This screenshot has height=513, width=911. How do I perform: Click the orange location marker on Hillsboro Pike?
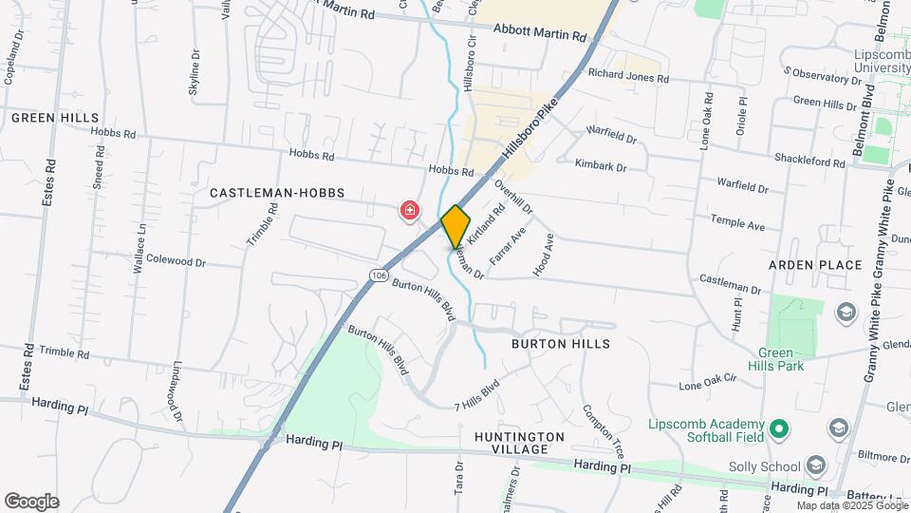pyautogui.click(x=455, y=225)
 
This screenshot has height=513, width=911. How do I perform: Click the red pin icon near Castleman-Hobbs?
pyautogui.click(x=410, y=210)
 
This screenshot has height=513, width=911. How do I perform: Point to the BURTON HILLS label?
pyautogui.click(x=560, y=343)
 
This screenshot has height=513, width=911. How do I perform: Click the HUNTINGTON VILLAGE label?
pyautogui.click(x=520, y=442)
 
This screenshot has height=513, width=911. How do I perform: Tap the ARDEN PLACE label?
pyautogui.click(x=815, y=265)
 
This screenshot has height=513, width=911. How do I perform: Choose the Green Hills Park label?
pyautogui.click(x=783, y=358)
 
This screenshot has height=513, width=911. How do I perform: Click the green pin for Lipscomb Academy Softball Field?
pyautogui.click(x=779, y=430)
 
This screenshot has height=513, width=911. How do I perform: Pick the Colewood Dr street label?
pyautogui.click(x=176, y=261)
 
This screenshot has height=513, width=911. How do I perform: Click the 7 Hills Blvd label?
pyautogui.click(x=476, y=389)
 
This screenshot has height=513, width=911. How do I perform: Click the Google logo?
pyautogui.click(x=31, y=502)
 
